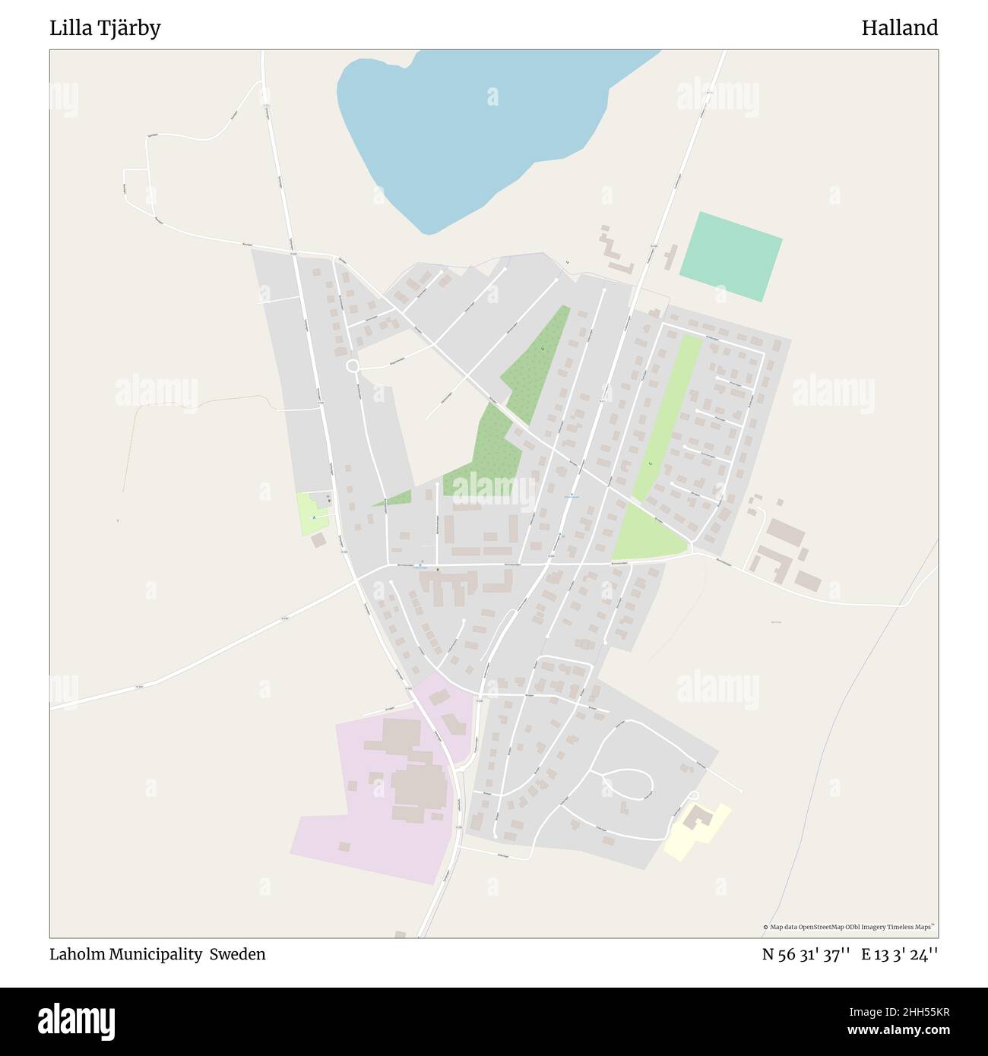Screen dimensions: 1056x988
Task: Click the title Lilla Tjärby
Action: tap(105, 28)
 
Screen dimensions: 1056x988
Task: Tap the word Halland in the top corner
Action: tap(899, 28)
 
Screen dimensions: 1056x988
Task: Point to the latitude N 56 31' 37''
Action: tap(805, 954)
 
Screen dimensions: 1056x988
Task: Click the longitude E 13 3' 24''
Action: tap(899, 954)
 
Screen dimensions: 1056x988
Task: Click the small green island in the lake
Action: tap(493, 96)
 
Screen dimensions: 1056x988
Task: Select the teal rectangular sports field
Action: tap(730, 256)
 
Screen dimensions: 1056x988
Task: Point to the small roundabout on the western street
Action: tap(353, 367)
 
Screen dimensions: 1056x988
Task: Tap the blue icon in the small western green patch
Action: tap(314, 517)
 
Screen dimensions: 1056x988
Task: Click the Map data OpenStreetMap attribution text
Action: tap(849, 927)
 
